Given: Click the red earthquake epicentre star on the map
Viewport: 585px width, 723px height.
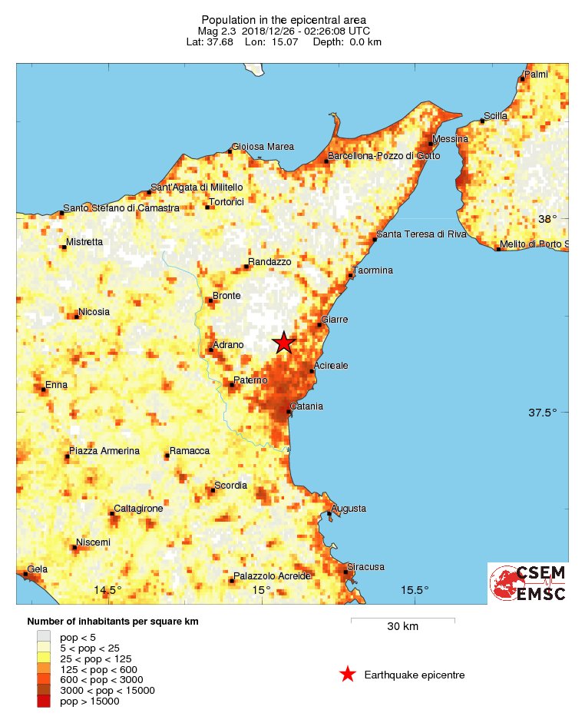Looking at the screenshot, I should click(x=284, y=343).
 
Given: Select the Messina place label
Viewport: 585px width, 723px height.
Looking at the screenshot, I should click(x=450, y=139).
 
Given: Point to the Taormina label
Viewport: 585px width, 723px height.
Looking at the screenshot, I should click(x=372, y=270).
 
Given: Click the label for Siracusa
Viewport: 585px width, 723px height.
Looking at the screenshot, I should click(x=366, y=567).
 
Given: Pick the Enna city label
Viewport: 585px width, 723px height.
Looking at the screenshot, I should click(x=57, y=384).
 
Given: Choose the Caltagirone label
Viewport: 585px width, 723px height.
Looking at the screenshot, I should click(x=138, y=509).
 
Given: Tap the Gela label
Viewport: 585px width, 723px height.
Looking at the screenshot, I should click(x=38, y=569).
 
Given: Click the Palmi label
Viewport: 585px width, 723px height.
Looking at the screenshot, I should click(x=536, y=75).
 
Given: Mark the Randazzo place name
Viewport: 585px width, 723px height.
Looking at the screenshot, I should click(x=269, y=262).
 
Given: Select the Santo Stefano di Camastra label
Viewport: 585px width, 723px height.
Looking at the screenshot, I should click(x=121, y=208).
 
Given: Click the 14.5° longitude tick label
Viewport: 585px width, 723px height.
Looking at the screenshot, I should click(x=107, y=590).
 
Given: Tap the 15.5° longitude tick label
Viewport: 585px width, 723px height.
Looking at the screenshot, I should click(x=415, y=590).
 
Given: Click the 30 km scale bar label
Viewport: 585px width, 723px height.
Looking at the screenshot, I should click(x=402, y=627).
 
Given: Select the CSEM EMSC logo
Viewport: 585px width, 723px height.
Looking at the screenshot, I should click(x=528, y=583).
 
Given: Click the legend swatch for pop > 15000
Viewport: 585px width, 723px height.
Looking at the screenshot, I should click(x=44, y=701).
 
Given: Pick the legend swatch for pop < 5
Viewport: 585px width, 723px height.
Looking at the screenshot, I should click(x=44, y=636).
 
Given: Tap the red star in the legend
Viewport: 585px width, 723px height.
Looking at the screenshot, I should click(x=348, y=675).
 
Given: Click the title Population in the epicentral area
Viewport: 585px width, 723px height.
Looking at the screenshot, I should click(x=283, y=19).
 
